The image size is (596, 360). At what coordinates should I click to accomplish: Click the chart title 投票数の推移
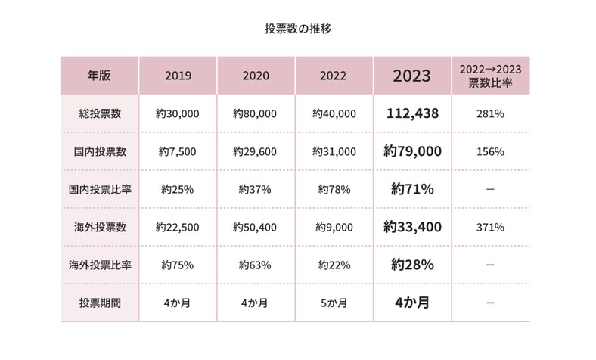(298, 29)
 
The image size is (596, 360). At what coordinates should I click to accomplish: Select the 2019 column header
(178, 76)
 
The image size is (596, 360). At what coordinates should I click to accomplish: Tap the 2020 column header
(256, 76)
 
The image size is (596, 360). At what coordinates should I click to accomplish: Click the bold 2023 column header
(412, 76)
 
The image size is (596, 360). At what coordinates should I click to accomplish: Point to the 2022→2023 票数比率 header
(490, 76)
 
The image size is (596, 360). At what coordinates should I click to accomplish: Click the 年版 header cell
(99, 76)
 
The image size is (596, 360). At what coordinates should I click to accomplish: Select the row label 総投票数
(99, 113)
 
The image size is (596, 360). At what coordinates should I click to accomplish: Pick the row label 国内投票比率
(99, 189)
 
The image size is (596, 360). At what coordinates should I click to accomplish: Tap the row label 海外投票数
(99, 227)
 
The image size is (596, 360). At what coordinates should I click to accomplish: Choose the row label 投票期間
(99, 303)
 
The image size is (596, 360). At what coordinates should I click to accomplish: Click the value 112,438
(412, 113)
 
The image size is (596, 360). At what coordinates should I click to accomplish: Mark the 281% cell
(490, 113)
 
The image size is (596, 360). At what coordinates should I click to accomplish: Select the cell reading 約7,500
(178, 151)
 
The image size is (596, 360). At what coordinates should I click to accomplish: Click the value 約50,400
(256, 227)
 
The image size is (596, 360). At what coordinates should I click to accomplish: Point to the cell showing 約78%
(334, 189)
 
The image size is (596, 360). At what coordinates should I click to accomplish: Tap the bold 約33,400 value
(412, 227)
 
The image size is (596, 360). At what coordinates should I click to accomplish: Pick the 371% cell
(490, 227)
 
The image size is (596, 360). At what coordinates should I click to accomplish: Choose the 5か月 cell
(334, 303)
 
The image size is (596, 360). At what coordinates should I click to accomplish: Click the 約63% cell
(256, 265)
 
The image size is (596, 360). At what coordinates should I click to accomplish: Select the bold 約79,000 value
(412, 151)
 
